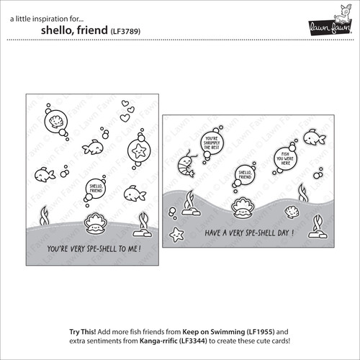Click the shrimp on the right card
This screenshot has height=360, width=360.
pos(189,159)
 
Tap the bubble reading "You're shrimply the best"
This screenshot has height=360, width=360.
pos(211,143)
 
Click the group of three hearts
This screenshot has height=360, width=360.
pos(126,110)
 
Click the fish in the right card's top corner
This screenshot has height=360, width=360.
pos(311,135)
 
